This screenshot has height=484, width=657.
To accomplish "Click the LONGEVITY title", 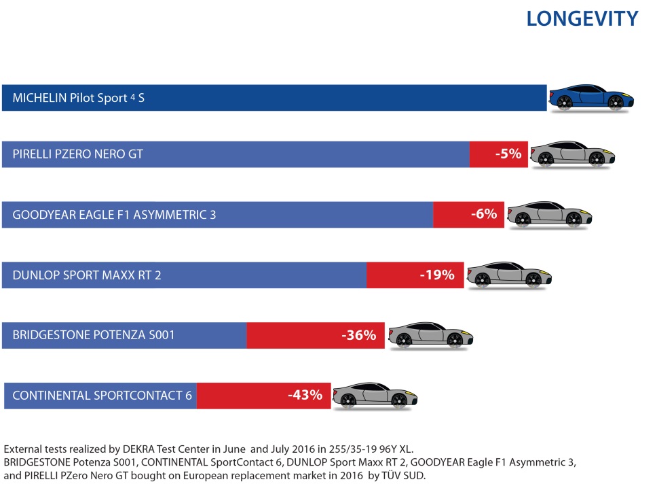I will tap(582, 18).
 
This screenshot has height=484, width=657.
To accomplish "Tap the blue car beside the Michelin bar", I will tap(591, 98).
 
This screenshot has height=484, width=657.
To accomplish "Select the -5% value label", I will tap(508, 154).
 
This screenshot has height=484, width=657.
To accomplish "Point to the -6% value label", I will tap(483, 214).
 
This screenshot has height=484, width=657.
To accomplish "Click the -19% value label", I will tap(436, 275).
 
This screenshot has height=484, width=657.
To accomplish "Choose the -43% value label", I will tap(305, 394).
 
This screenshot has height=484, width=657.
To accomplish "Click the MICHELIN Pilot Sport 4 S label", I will tap(79, 98).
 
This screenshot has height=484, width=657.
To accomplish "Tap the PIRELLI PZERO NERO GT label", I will tap(77, 154).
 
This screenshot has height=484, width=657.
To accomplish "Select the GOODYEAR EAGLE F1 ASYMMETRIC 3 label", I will tap(114, 215).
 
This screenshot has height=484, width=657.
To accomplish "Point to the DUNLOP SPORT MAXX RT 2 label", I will tap(87, 275).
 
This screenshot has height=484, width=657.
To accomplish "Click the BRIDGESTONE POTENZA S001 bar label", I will tap(94, 334).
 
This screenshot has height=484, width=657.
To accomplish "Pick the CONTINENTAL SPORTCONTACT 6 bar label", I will tap(102, 395).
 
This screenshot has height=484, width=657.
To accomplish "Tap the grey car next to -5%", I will tap(572, 154).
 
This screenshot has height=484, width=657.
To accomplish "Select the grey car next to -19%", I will tap(508, 275).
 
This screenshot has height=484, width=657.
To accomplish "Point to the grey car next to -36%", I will tap(430, 334).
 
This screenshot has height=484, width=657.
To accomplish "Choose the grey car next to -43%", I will tap(374, 395).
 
